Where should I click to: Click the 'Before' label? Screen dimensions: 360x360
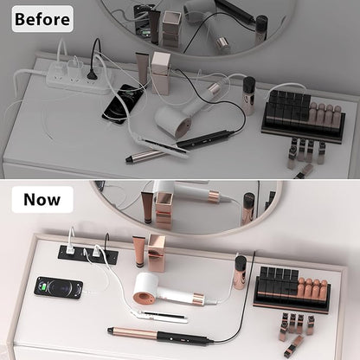[x=42, y=19]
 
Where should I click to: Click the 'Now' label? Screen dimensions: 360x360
[x=42, y=199]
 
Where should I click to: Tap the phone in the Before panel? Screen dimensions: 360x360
[x=123, y=104]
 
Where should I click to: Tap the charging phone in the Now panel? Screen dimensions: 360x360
[x=59, y=288]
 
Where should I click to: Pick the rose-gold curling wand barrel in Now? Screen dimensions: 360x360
[x=133, y=332]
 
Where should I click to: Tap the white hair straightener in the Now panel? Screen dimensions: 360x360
[x=157, y=315]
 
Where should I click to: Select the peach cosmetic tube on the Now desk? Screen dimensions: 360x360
[x=139, y=251]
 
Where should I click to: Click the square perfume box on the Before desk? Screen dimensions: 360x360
[x=160, y=74]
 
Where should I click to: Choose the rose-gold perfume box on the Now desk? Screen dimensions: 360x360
[x=157, y=253]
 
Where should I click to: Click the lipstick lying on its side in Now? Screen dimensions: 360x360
[x=293, y=345]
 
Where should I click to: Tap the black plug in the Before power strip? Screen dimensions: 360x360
[x=92, y=74]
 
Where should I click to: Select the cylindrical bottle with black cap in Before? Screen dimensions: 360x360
[x=248, y=96]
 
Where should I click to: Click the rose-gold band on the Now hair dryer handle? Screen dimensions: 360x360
[x=198, y=299]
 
